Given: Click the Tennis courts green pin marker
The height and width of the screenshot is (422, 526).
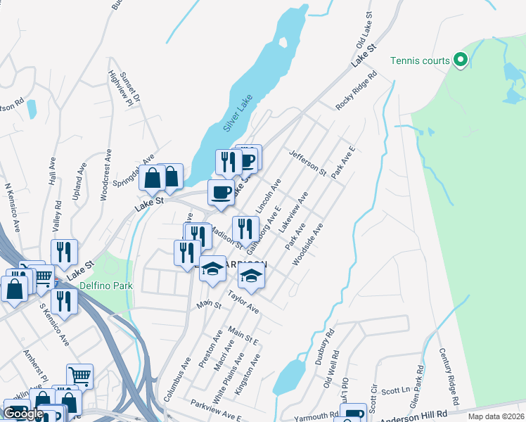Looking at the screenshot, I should click(x=461, y=60).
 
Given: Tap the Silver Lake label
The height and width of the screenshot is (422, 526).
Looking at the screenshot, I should click(x=238, y=113).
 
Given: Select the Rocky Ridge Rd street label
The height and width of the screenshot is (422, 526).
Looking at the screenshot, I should click(x=352, y=89).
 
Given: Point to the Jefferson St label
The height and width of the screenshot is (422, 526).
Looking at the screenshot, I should click(x=308, y=162).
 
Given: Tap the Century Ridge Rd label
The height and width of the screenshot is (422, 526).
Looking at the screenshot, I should click(x=449, y=376).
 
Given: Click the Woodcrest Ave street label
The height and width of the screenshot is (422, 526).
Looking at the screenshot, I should click(x=105, y=175).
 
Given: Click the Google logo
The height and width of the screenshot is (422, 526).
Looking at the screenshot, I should click(x=24, y=414).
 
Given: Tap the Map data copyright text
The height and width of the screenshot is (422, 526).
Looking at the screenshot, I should click(x=495, y=416).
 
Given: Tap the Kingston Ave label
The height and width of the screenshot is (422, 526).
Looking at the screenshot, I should click(x=248, y=373).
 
